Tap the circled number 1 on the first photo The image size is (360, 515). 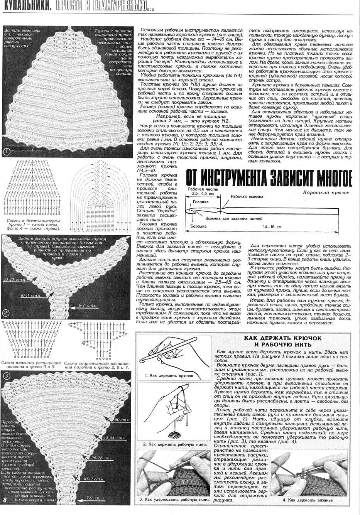point(7,152)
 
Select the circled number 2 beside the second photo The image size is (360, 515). point(7,313)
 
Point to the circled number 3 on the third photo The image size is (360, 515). point(7,376)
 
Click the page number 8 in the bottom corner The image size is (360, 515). point(5,500)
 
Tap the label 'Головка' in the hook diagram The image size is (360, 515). point(201,202)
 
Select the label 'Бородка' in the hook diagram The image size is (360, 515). point(198,226)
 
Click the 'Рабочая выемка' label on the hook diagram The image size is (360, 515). point(247,197)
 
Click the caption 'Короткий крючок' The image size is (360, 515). point(326,192)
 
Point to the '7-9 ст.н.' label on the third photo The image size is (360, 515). point(96,498)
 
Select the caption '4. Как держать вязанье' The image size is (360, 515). point(308,500)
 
